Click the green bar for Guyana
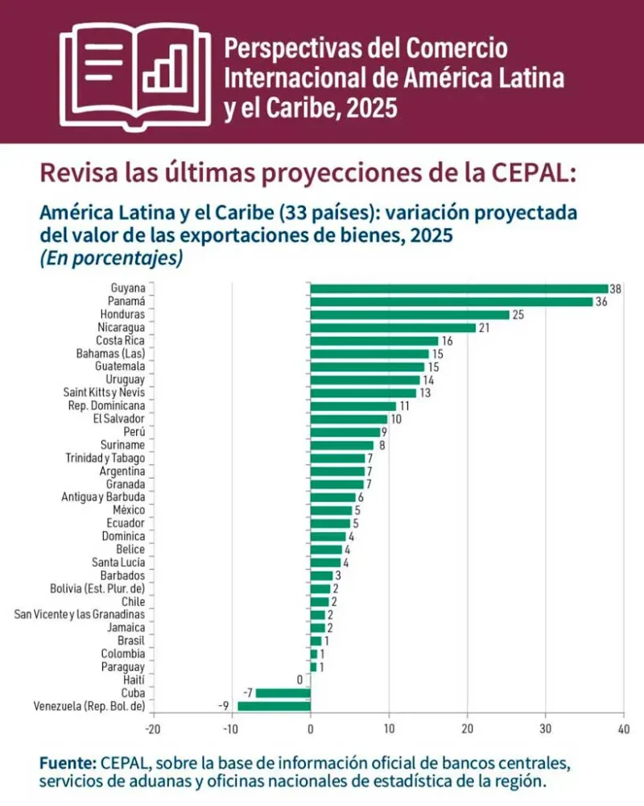click(459, 289)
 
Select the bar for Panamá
click(451, 301)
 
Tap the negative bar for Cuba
click(283, 693)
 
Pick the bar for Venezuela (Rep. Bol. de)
click(274, 706)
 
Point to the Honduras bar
click(410, 314)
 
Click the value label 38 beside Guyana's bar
click(616, 289)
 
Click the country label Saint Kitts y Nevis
click(105, 393)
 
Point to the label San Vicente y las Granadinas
click(80, 614)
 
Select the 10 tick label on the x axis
click(389, 730)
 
